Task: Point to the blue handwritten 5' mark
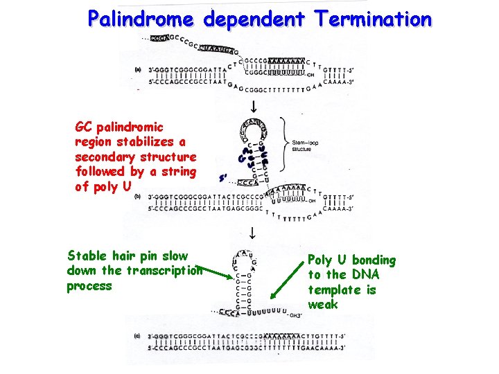(223, 177)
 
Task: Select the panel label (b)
(138, 197)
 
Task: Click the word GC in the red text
(84, 127)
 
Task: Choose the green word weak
(323, 305)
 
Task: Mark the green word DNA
(362, 275)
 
